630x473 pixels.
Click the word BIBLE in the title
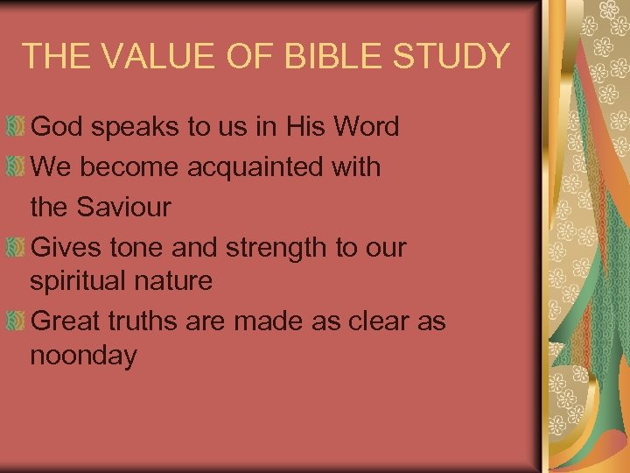[342, 56]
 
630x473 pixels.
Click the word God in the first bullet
[57, 127]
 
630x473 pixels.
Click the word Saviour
[123, 208]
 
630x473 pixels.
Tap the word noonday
[83, 357]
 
